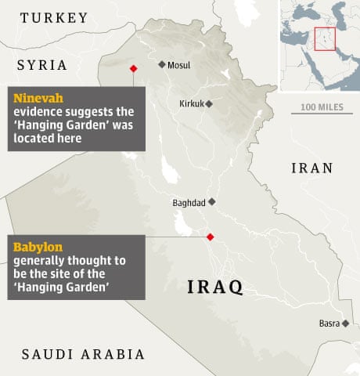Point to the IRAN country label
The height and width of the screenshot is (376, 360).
tap(311, 168)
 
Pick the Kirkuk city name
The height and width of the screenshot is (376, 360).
tap(190, 103)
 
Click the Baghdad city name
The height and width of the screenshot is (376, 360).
tap(188, 202)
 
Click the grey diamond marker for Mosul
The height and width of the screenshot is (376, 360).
tap(161, 65)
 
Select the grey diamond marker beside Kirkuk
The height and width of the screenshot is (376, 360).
tap(209, 103)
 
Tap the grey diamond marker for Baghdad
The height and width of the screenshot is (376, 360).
tap(211, 201)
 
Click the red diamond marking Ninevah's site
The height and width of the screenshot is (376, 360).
tap(133, 68)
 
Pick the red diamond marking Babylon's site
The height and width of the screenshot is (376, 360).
tap(209, 237)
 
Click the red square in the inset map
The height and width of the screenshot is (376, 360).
tap(325, 39)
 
